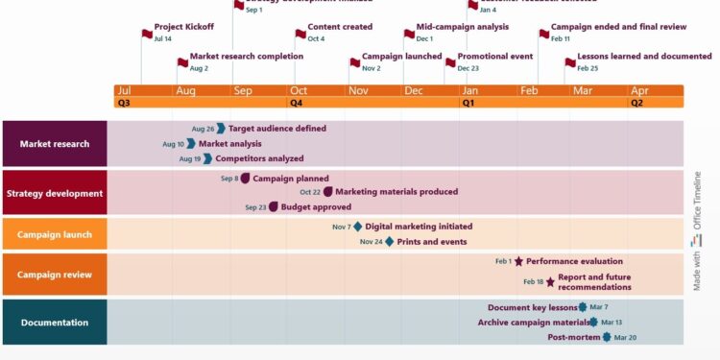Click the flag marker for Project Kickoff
click(x=147, y=30)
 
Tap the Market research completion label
click(x=246, y=57)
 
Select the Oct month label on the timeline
click(x=298, y=90)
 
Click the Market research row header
click(x=55, y=144)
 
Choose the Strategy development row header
click(x=55, y=193)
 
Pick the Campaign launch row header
click(x=55, y=233)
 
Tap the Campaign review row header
click(x=55, y=275)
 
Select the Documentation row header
click(x=55, y=323)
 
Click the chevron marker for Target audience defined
click(x=221, y=128)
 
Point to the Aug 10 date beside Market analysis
click(x=173, y=144)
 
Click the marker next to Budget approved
click(x=274, y=206)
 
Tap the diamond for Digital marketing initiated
click(x=358, y=227)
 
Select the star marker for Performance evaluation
click(x=518, y=261)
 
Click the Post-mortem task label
click(x=574, y=337)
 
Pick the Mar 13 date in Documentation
click(x=612, y=323)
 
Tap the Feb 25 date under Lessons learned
click(x=588, y=68)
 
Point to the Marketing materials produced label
click(x=396, y=192)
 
